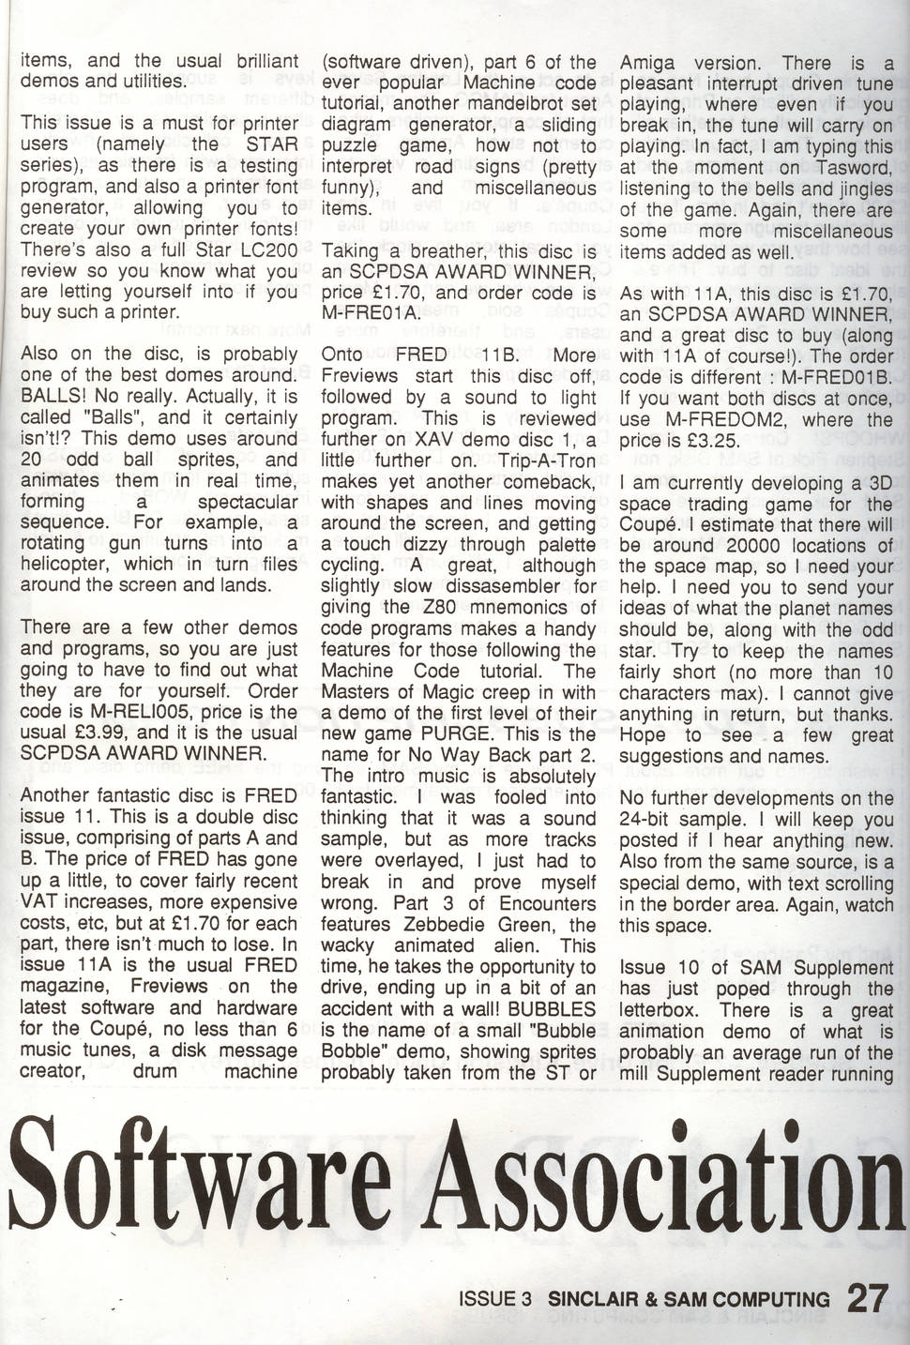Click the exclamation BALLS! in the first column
tap(55, 396)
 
